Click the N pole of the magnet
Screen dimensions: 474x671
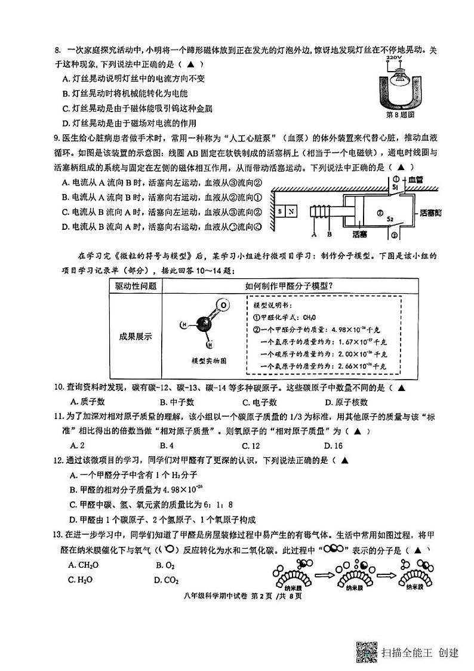pyautogui.click(x=291, y=211)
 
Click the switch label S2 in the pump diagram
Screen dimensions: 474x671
pyautogui.click(x=389, y=219)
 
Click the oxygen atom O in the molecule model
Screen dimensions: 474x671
pyautogui.click(x=222, y=306)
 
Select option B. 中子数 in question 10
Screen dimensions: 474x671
pyautogui.click(x=170, y=402)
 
